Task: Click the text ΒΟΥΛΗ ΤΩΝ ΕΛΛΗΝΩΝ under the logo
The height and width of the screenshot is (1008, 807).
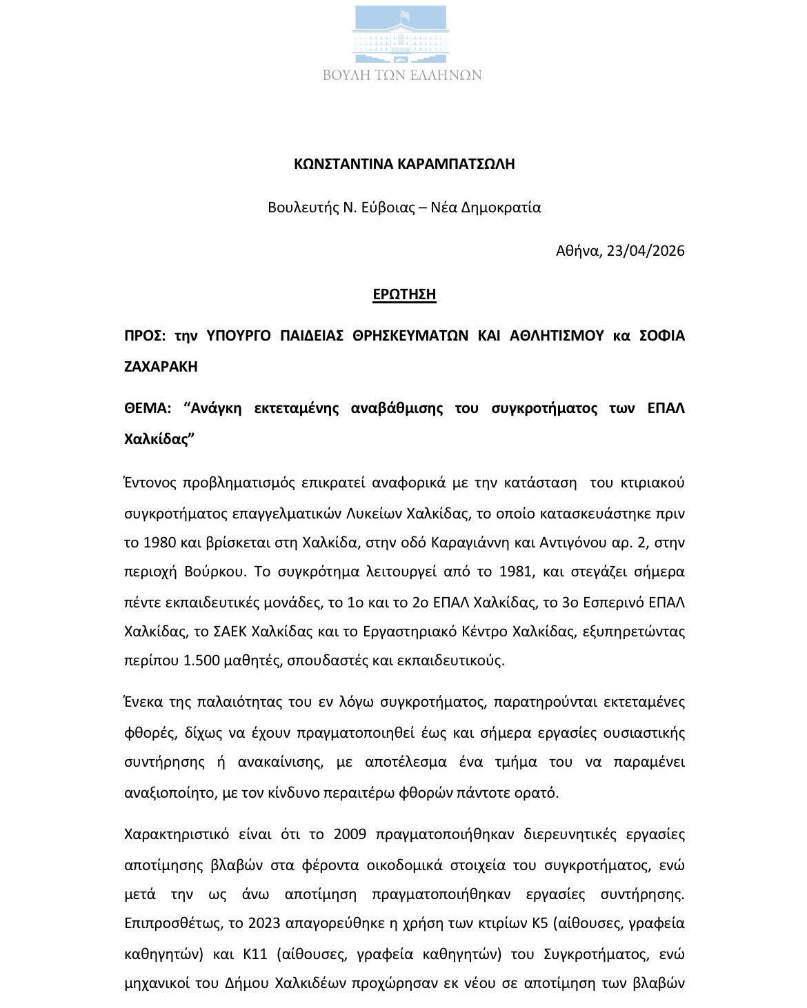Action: tap(402, 75)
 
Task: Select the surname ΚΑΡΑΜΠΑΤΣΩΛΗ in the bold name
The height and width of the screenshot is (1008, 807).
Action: tap(455, 164)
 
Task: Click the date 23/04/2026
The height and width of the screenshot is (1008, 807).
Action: tap(646, 251)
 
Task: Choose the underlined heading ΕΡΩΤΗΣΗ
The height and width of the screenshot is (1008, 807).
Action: tap(404, 294)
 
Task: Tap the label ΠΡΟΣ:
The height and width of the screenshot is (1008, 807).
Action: tap(145, 336)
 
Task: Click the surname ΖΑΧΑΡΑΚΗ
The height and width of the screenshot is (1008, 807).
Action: tap(161, 367)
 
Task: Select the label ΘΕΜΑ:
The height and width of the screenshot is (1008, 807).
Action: tap(147, 408)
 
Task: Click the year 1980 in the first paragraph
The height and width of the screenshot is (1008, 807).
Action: tap(159, 543)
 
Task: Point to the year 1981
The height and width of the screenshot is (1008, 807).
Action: tap(511, 572)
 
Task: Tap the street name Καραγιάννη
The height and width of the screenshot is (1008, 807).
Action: tap(470, 543)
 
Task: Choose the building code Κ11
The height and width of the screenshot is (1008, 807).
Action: tap(256, 954)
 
